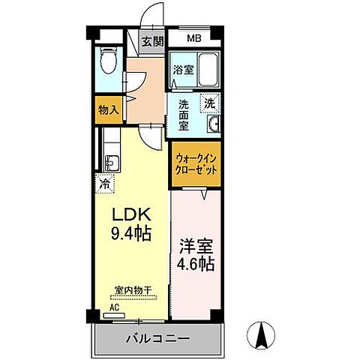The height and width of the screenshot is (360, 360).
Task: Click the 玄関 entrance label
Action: tap(153, 42)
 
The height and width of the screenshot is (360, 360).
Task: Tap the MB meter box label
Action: tap(193, 38)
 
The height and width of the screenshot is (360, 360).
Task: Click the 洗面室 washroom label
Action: tap(183, 112)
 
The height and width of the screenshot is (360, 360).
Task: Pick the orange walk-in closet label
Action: tap(196, 164)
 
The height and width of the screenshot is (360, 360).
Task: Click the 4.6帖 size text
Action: tap(196, 264)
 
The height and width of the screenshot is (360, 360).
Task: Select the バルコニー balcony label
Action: tap(158, 339)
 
